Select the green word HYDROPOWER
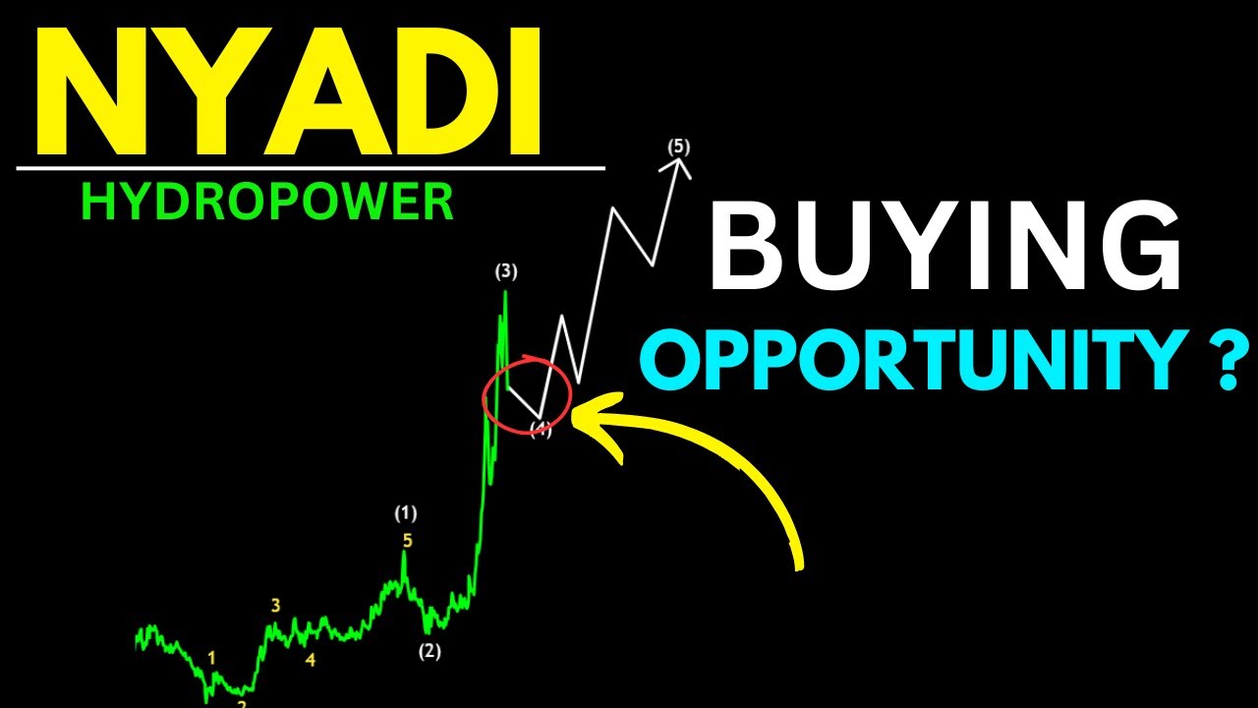click(x=267, y=202)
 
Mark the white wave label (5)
click(x=678, y=147)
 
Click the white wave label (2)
click(x=429, y=651)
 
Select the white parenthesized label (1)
click(x=406, y=512)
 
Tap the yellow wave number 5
click(x=406, y=539)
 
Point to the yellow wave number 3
click(x=276, y=606)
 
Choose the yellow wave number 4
click(x=311, y=660)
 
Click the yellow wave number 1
click(x=211, y=657)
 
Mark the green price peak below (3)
click(x=505, y=293)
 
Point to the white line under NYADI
click(x=310, y=168)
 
